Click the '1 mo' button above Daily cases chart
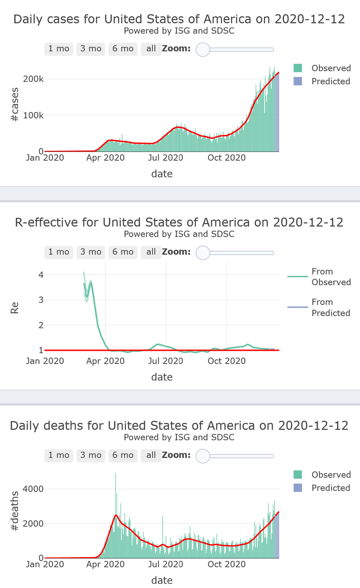pos(59,49)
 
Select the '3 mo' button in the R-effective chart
pos(91,252)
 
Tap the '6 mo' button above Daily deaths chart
pos(122,455)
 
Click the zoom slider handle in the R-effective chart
pos(203,252)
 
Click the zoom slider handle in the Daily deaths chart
pos(203,456)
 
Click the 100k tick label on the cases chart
pos(34,115)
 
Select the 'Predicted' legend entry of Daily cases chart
pos(331,81)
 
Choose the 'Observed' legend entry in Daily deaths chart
pos(331,475)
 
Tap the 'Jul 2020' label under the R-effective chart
pos(166,361)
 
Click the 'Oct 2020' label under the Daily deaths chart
pos(227,564)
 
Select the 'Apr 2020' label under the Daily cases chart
pos(106,158)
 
